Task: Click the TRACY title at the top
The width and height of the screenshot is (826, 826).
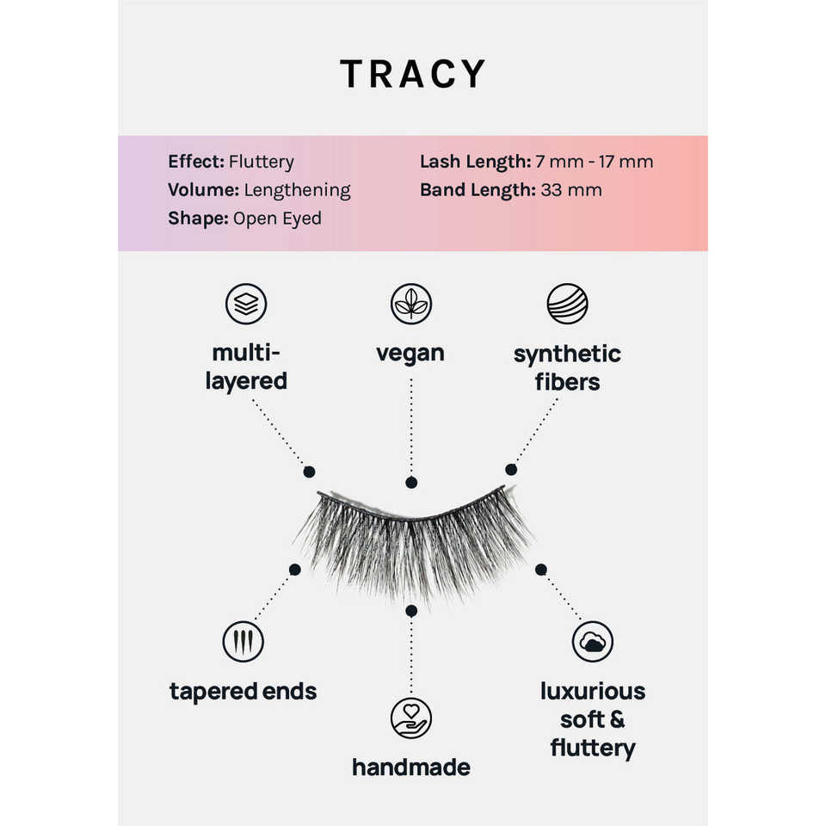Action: (413, 74)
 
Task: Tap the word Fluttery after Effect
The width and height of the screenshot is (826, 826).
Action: (262, 162)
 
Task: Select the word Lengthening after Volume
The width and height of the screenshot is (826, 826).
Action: (297, 190)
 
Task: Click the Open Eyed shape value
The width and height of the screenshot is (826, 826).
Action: (277, 219)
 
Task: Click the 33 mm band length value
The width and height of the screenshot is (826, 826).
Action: (571, 190)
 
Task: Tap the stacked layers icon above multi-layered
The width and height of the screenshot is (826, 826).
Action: (246, 304)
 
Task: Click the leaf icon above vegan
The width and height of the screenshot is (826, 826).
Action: (411, 304)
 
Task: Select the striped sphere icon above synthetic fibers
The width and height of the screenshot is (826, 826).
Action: (567, 304)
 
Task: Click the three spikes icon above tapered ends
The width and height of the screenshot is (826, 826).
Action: (243, 642)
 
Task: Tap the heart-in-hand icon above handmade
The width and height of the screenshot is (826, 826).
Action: (411, 718)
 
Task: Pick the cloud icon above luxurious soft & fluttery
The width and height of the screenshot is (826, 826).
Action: (593, 642)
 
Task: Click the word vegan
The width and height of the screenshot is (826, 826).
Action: (410, 353)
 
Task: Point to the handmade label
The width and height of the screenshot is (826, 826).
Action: (411, 767)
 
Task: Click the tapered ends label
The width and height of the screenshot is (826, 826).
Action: (243, 691)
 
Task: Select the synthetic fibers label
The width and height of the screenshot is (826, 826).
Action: (567, 367)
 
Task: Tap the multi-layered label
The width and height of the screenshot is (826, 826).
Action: (246, 367)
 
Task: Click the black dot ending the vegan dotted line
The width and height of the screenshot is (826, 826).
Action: (411, 484)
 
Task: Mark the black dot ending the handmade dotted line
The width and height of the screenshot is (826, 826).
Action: (411, 610)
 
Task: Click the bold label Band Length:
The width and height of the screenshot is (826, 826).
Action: (478, 190)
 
